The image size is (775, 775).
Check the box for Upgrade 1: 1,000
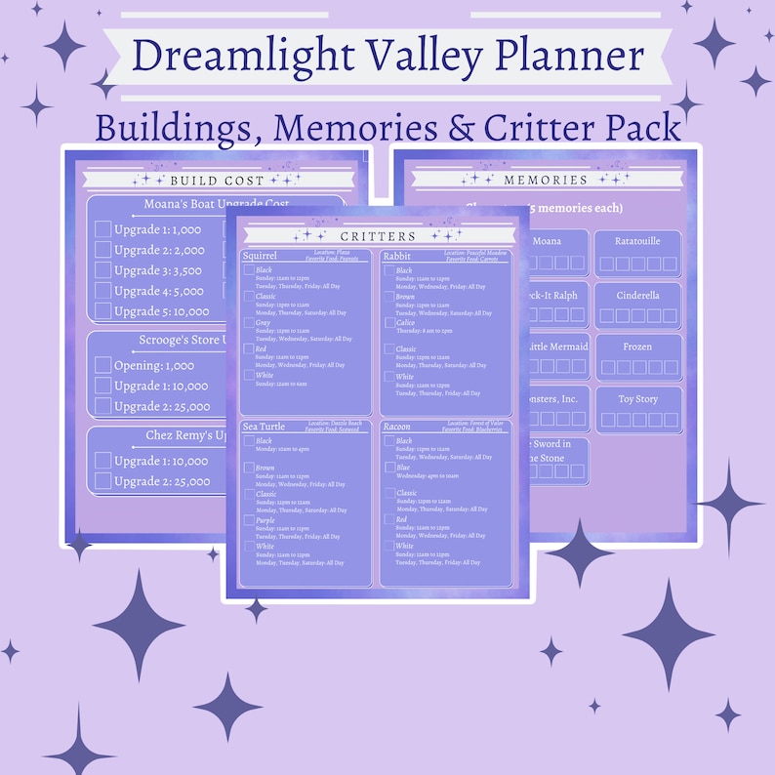click(102, 229)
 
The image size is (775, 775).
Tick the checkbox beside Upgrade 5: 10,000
click(102, 311)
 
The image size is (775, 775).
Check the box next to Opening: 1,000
click(102, 365)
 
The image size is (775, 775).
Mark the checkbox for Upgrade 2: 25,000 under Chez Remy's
click(102, 481)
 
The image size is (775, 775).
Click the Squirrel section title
click(260, 256)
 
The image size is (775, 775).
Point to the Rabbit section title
click(396, 256)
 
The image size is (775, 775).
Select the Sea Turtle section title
click(265, 427)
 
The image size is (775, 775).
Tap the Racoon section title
click(397, 427)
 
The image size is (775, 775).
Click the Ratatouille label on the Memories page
click(638, 240)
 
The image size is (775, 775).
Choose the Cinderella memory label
click(638, 295)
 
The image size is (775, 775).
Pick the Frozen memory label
click(638, 347)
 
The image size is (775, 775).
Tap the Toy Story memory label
click(638, 399)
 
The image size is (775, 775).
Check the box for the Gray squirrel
click(250, 323)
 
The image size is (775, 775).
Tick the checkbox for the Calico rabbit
click(389, 323)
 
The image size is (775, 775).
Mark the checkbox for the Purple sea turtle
click(250, 521)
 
